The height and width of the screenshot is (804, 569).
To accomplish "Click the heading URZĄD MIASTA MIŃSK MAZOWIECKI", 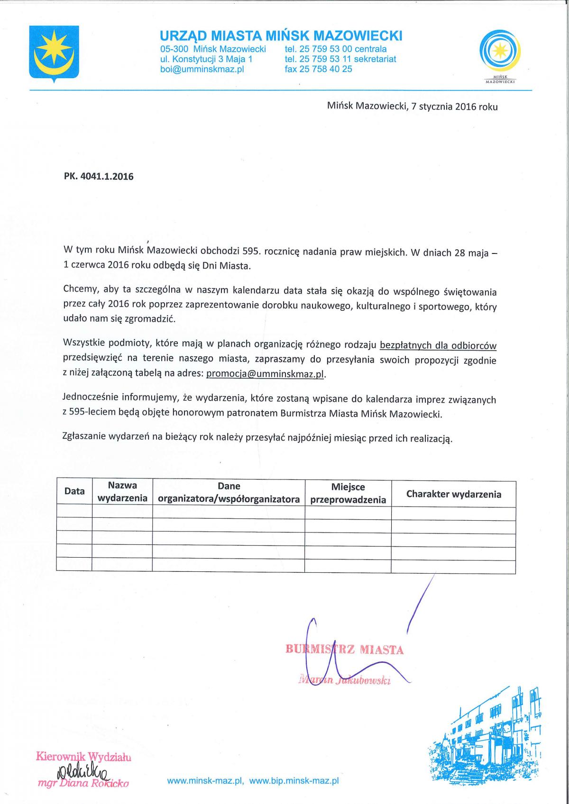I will [281, 36].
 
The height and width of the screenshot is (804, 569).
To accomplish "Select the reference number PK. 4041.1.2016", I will [99, 177].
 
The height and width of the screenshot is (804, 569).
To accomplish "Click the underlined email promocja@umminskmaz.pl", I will [266, 374].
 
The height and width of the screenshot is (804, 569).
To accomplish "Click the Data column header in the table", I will [74, 491].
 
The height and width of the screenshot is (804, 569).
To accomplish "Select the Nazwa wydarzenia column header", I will [122, 492].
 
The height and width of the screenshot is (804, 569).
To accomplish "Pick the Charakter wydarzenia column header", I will [453, 494].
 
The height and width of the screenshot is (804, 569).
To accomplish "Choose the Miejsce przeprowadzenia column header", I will [348, 493].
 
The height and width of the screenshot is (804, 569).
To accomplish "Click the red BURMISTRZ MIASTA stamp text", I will [345, 650].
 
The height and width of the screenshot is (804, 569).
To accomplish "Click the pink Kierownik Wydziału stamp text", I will [83, 757].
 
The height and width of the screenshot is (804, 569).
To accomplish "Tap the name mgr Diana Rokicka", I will [83, 783].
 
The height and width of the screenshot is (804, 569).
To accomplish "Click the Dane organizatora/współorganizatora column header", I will [229, 492].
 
